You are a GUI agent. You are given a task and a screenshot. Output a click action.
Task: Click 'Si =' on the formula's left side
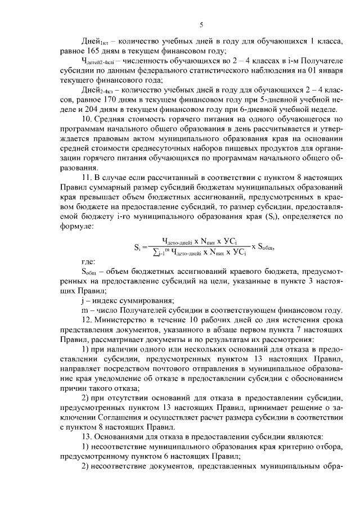click(141, 247)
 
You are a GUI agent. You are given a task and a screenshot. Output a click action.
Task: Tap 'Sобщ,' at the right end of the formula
click(269, 247)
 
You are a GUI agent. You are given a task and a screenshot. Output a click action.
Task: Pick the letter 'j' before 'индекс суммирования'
click(82, 300)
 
